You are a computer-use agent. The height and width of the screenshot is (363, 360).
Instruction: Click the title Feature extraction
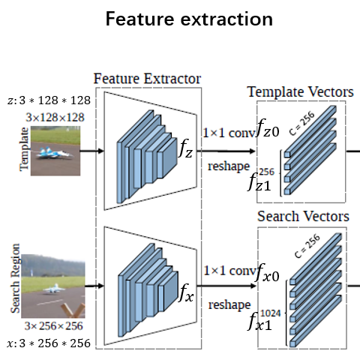pyautogui.click(x=179, y=19)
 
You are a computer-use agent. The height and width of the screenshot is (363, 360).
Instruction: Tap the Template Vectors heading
pyautogui.click(x=300, y=91)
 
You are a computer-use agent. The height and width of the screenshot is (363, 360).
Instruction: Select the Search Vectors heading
pyautogui.click(x=303, y=217)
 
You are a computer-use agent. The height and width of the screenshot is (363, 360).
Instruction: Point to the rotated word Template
pyautogui.click(x=24, y=150)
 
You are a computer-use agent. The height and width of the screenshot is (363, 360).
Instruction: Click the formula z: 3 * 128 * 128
pyautogui.click(x=49, y=100)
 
